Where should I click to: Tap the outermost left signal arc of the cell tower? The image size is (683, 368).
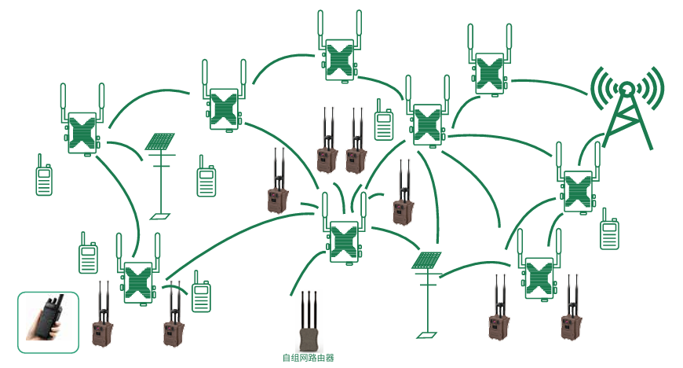click(x=596, y=86)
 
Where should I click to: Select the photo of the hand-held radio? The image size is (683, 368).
click(x=48, y=322)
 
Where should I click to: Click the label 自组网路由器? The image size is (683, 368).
click(x=308, y=359)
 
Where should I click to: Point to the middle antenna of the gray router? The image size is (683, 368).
click(x=309, y=307)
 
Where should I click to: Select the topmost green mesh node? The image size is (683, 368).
click(x=341, y=60)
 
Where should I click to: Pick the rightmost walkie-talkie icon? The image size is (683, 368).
click(x=609, y=234)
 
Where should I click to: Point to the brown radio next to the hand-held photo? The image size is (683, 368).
click(x=102, y=330)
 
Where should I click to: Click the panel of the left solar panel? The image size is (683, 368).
click(x=161, y=142)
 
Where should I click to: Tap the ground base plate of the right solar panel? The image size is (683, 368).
click(x=427, y=335)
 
